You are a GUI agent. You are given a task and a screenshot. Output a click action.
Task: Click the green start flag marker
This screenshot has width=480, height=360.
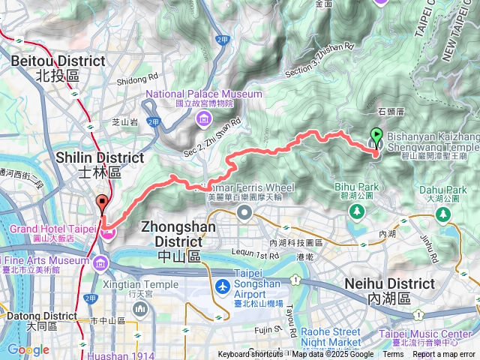375,138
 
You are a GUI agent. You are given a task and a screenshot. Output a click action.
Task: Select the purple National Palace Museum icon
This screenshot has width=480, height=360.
202,118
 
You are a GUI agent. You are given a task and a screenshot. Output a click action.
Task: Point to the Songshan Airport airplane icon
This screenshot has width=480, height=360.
223,286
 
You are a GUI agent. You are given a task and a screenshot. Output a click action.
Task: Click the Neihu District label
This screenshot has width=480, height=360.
389,290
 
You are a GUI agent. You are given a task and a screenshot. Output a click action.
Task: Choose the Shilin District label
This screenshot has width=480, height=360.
100,163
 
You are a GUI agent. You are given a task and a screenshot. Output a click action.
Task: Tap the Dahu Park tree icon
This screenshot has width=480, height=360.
444,215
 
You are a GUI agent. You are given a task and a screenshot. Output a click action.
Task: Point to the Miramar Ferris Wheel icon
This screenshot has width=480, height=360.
244,213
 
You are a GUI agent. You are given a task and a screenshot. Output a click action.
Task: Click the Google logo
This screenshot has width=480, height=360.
28,349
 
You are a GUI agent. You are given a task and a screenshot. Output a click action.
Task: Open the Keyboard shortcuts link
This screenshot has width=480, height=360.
251,355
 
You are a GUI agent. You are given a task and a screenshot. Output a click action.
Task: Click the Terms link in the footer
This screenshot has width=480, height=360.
392,355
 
